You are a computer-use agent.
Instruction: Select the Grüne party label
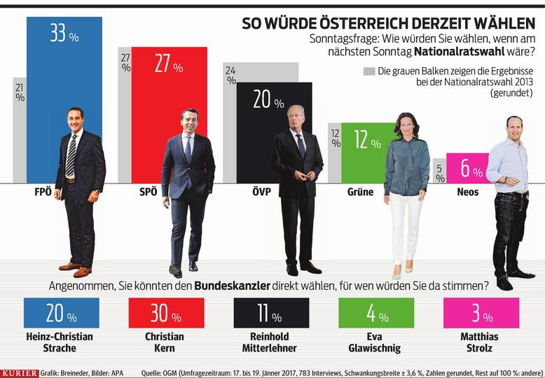[x=359, y=192]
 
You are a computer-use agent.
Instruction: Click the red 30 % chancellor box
[x=167, y=314]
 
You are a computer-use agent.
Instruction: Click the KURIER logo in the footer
[x=20, y=373]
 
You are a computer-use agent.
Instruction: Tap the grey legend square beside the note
[x=368, y=71]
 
